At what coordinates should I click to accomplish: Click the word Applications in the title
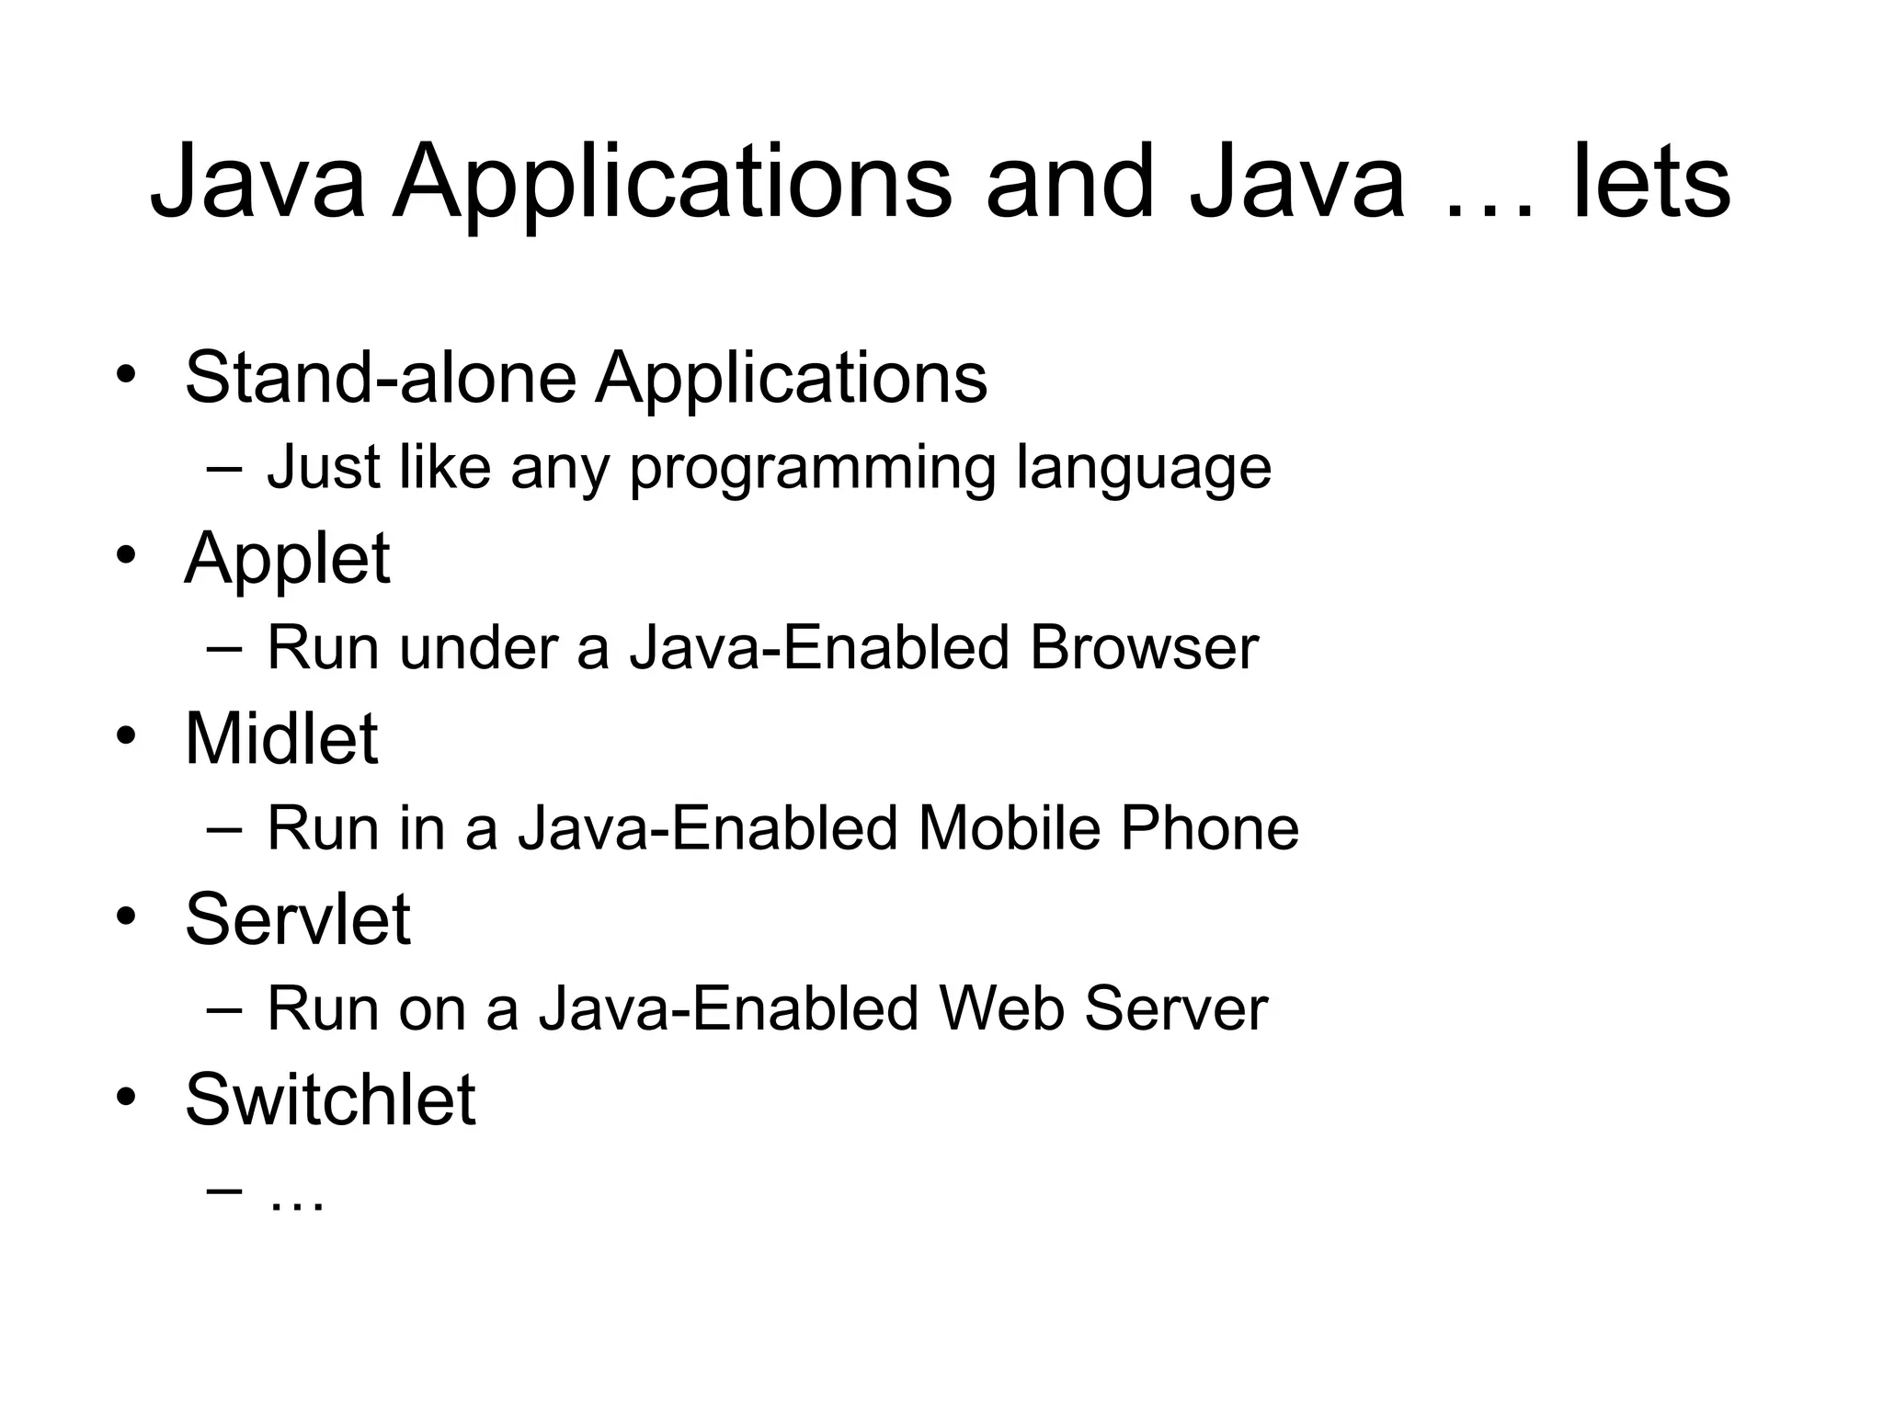672,184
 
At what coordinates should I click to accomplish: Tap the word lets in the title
1651,184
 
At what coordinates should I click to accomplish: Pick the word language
1144,469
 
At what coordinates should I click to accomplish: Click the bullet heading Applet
287,559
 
